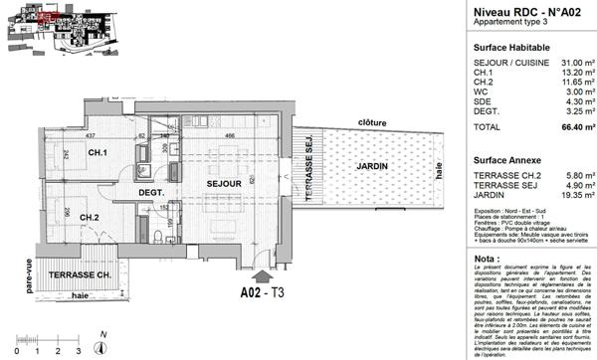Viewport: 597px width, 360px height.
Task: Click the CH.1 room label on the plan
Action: (98, 152)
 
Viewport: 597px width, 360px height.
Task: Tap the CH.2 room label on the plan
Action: (89, 218)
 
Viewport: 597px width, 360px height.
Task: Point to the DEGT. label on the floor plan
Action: (149, 193)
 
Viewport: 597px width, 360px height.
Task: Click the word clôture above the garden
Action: (369, 121)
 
